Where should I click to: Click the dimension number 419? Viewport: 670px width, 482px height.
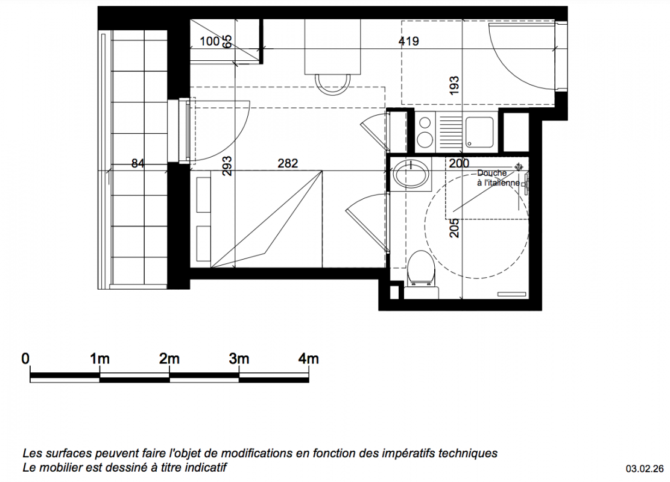point(408,42)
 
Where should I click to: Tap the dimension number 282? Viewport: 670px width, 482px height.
point(288,163)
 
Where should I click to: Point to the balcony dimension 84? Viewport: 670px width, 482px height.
point(137,163)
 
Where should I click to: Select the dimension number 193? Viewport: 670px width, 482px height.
point(454,85)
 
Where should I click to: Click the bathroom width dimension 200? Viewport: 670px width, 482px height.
point(459,163)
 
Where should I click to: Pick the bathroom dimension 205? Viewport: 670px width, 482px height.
point(454,228)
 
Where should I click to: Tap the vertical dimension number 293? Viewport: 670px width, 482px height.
point(227,166)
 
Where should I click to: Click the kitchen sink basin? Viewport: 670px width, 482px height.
point(479,133)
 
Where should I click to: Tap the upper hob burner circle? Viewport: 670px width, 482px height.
point(425,123)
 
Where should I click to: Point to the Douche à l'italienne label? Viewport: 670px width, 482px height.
point(498,178)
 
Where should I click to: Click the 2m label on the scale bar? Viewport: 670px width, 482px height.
point(169,358)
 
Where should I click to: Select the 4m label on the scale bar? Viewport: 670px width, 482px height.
point(309,358)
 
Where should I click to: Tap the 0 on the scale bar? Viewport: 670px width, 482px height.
point(26,358)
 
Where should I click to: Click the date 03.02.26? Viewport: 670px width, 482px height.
point(645,469)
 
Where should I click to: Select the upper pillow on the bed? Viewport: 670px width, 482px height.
point(203,195)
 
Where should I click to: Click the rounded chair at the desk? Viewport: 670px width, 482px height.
point(332,84)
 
